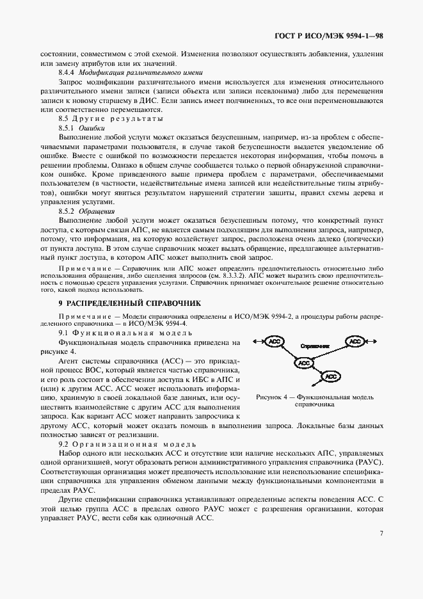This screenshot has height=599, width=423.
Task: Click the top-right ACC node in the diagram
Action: pos(355,342)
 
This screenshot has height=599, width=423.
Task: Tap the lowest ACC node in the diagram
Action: pos(330,377)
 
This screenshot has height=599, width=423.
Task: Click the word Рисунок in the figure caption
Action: pos(269,397)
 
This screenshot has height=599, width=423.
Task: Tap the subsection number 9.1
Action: pos(63,333)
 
